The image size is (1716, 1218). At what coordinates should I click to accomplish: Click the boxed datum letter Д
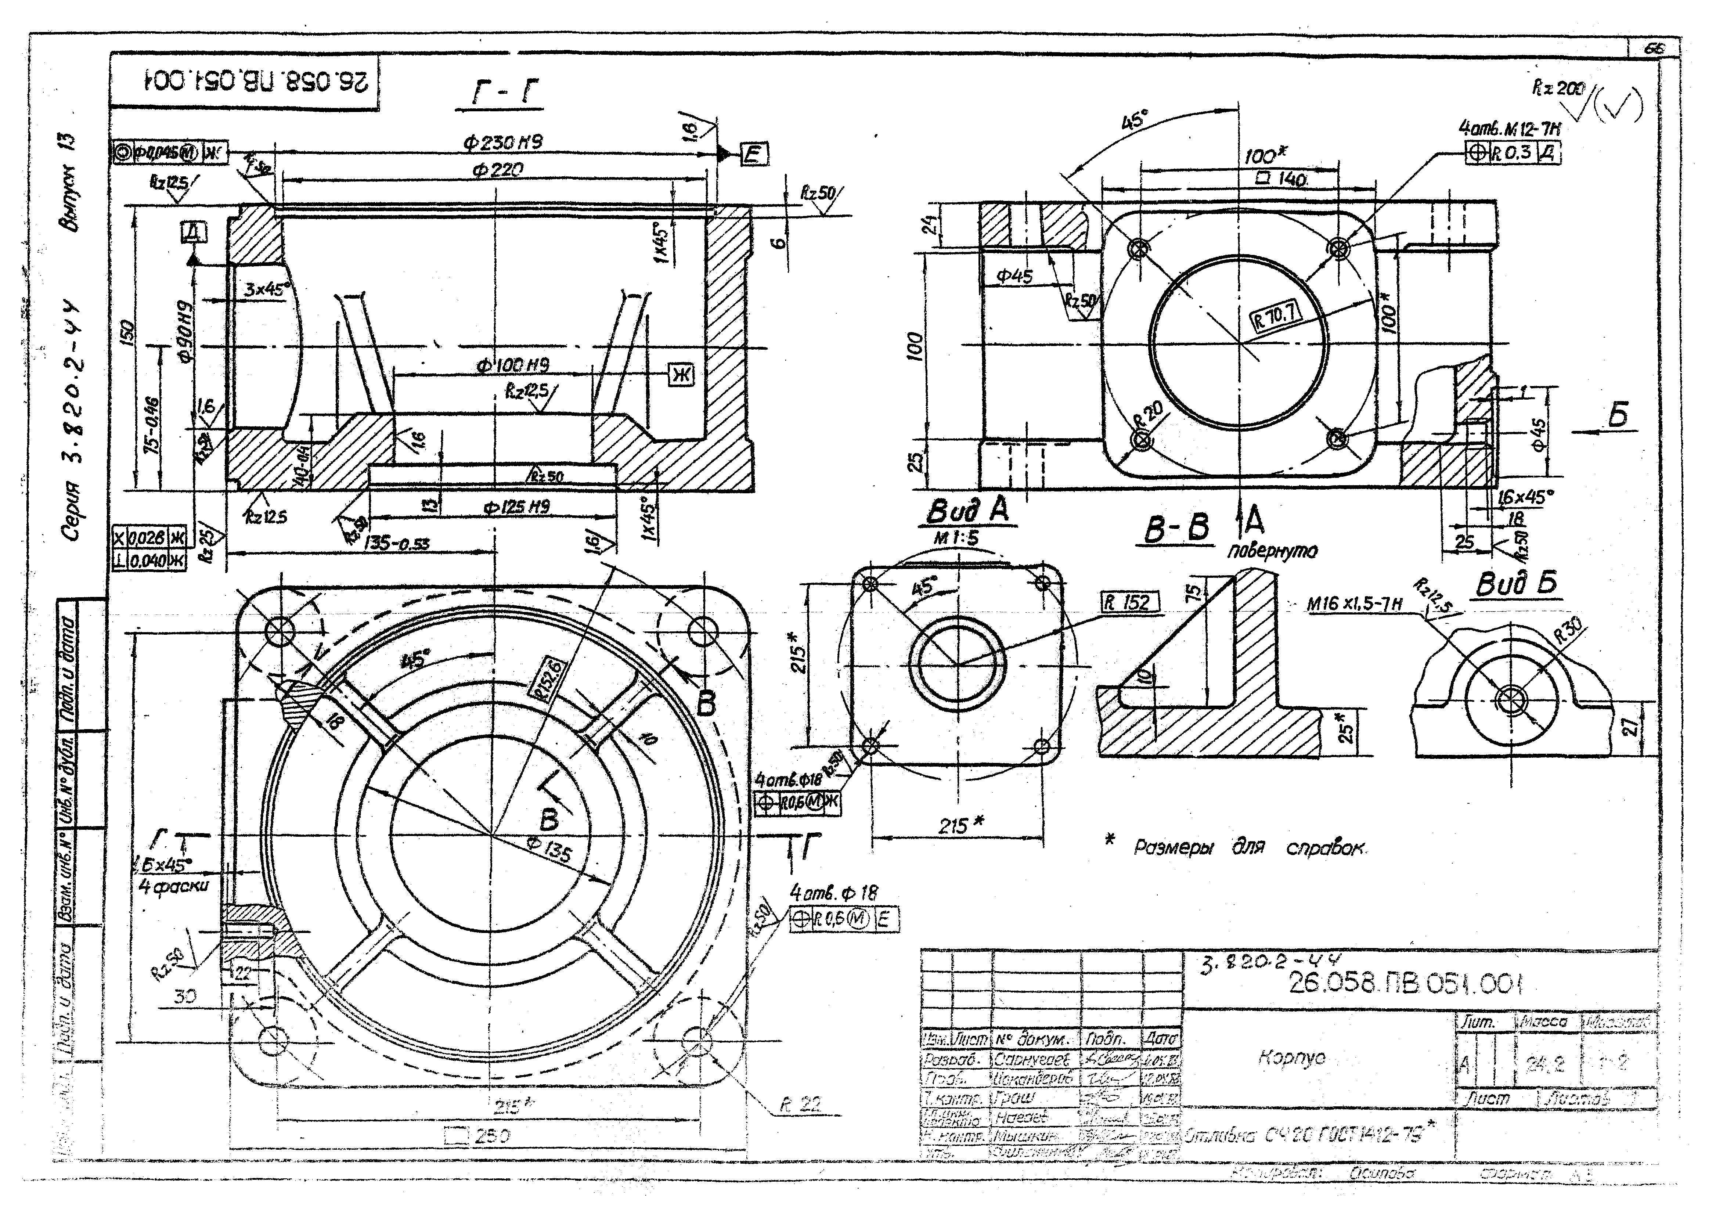[x=194, y=233]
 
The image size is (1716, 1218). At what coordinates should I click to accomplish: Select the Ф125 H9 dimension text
[x=518, y=507]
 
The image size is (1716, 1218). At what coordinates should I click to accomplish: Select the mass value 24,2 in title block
[x=1545, y=1063]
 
